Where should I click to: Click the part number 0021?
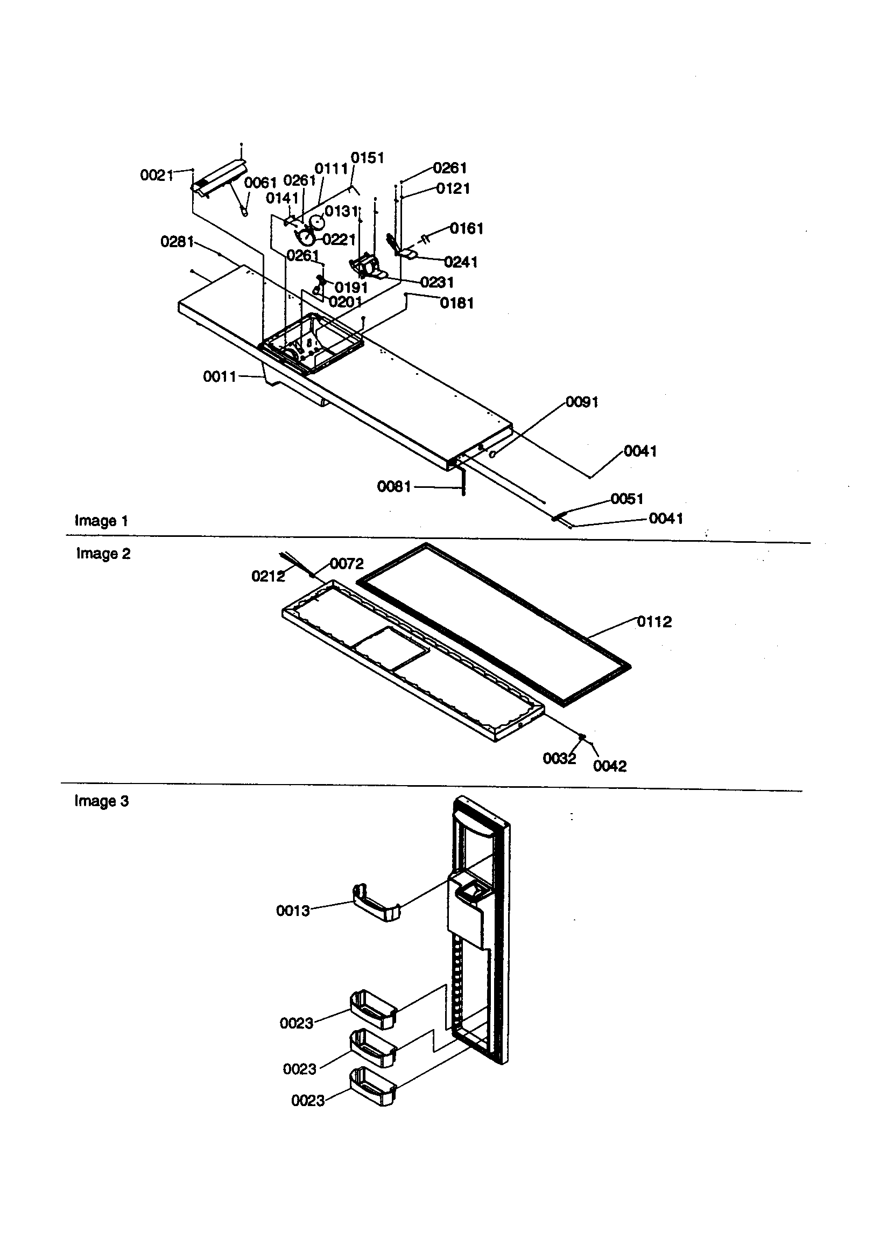click(x=156, y=176)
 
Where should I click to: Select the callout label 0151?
click(x=367, y=158)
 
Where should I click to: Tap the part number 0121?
click(x=453, y=188)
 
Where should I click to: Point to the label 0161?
click(x=467, y=228)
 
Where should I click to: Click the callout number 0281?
click(x=177, y=241)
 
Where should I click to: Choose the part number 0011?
click(x=219, y=377)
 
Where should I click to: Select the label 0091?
click(x=582, y=402)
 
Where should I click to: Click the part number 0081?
click(x=393, y=486)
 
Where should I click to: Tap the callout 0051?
click(x=626, y=499)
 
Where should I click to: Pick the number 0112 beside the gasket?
click(x=654, y=621)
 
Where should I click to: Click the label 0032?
click(x=559, y=758)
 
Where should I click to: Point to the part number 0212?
click(x=268, y=576)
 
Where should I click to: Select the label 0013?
click(x=293, y=911)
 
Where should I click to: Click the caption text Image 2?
click(x=103, y=554)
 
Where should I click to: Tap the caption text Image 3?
click(x=101, y=801)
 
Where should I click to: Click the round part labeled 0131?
click(x=318, y=221)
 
